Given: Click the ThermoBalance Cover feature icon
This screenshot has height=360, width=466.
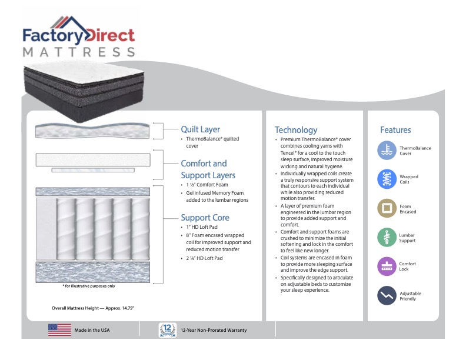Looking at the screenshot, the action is [x=387, y=151].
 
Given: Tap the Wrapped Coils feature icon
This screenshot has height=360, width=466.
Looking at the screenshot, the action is [x=387, y=179].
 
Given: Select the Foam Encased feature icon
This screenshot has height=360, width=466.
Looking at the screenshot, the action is [x=387, y=208].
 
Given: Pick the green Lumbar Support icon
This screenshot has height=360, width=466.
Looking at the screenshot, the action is [x=387, y=237].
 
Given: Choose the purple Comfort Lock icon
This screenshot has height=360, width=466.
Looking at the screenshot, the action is [x=387, y=266].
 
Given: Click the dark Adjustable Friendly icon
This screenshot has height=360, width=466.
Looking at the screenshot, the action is [x=387, y=295].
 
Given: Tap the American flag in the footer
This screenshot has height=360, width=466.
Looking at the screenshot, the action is [x=59, y=330].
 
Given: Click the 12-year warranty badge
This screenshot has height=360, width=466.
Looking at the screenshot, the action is [x=167, y=330].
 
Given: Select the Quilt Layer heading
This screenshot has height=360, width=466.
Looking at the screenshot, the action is [x=201, y=129].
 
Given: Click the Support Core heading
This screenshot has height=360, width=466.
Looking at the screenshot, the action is [x=205, y=217].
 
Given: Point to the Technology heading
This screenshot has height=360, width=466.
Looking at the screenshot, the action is [x=296, y=130].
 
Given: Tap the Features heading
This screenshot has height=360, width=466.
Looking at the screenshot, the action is [x=395, y=130].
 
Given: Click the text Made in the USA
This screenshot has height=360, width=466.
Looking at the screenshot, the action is [x=92, y=331].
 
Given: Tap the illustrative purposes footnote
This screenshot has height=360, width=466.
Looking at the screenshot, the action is [x=89, y=286].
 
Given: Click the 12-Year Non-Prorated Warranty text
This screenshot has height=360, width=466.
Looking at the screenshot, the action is [x=214, y=331].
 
